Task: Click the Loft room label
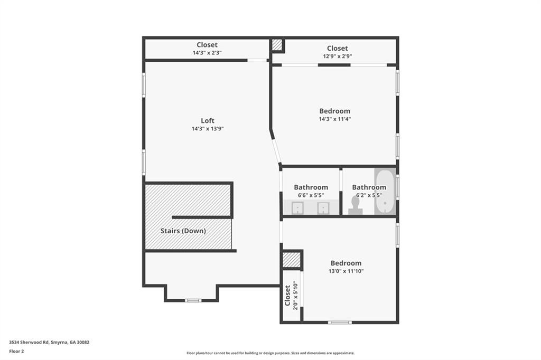point(207,121)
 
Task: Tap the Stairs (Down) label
point(183,231)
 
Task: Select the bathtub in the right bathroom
point(385,192)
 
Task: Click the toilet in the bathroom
point(356,205)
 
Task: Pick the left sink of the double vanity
point(297,208)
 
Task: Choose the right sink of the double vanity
point(323,208)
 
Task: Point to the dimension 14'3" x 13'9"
point(208,129)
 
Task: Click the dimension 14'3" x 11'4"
point(334,119)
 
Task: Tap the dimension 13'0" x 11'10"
point(346,271)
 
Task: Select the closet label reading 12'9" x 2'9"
point(338,56)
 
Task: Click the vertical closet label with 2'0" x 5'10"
point(291,296)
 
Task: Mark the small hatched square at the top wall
point(277,44)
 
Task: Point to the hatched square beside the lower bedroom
point(292,260)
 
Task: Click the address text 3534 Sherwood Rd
point(29,343)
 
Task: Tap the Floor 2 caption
point(16,352)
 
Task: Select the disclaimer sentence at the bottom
point(270,353)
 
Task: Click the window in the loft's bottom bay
point(193,300)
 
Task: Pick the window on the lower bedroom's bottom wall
point(340,323)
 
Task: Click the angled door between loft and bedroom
point(276,150)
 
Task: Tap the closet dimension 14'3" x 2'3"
point(207,53)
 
